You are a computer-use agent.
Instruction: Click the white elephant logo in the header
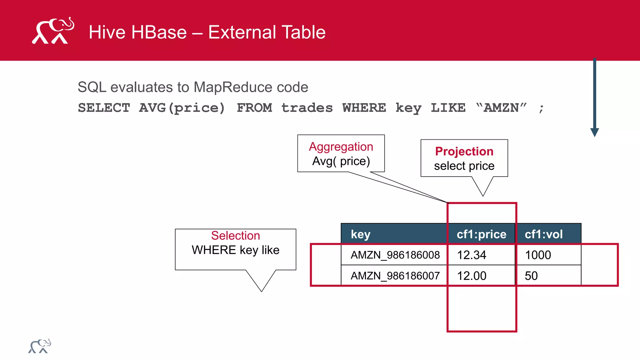coord(53,31)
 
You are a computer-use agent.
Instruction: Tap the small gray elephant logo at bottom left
coord(40,346)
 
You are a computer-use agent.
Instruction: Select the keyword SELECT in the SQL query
coord(104,108)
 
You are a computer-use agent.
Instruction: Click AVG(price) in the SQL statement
coord(182,108)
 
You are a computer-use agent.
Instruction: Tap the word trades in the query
coord(307,108)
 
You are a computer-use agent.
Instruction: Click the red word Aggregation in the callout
coord(341,147)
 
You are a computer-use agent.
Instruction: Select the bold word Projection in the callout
coord(464,151)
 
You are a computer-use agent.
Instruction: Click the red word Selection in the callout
coord(235,236)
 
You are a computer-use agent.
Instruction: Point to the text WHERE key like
coord(235,250)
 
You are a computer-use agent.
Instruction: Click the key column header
coord(361,234)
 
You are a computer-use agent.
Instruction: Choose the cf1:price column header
coord(481,234)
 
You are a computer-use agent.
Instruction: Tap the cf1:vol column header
coord(543,234)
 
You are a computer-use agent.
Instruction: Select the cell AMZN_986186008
coord(395,255)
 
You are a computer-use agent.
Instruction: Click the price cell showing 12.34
coord(472,255)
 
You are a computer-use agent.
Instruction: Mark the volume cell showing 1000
coord(538,255)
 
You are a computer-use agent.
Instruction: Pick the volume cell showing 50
coord(531,276)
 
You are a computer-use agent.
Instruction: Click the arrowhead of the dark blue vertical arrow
coord(594,132)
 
